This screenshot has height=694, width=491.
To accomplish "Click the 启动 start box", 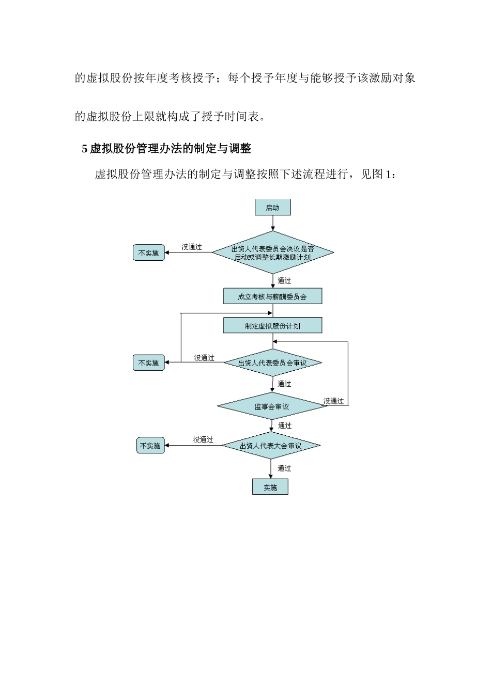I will tap(272, 208).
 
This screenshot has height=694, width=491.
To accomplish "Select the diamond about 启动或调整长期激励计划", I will tap(272, 253).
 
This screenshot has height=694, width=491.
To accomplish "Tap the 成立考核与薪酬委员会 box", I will tap(272, 296).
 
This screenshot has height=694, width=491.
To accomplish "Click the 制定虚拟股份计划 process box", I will tap(272, 326).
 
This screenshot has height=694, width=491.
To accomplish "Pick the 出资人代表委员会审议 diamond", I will tap(272, 363).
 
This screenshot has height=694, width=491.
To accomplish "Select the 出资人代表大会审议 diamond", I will tap(271, 446).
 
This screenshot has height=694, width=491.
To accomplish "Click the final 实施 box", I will tap(270, 487).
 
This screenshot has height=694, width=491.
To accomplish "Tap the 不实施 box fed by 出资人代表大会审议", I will tap(150, 446).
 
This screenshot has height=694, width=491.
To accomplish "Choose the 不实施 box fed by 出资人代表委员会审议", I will tap(149, 363).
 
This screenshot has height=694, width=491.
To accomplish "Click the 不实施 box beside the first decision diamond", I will tap(149, 253).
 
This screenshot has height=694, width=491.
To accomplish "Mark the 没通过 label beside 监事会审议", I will tap(333, 401).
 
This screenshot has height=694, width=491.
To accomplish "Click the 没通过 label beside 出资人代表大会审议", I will tap(203, 439).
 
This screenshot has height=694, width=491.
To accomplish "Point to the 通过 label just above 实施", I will tap(284, 468).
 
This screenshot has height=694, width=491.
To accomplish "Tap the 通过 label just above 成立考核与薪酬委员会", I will tap(284, 281).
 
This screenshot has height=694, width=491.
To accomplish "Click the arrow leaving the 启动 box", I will tap(273, 223).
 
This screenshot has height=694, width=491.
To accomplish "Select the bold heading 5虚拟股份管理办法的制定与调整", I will tap(166, 149).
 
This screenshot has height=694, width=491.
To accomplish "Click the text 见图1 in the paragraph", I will tap(377, 174).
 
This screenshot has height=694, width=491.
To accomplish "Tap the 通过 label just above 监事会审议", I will tap(284, 384).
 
